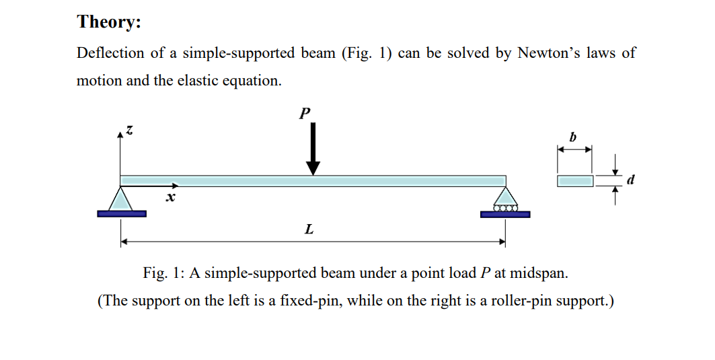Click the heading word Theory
pyautogui.click(x=109, y=22)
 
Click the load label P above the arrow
pyautogui.click(x=305, y=113)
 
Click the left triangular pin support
pyautogui.click(x=121, y=199)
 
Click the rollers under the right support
pyautogui.click(x=505, y=209)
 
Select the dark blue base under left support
pyautogui.click(x=121, y=214)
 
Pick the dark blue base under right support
pyautogui.click(x=505, y=215)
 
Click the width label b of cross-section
pyautogui.click(x=573, y=137)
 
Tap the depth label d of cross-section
pyautogui.click(x=630, y=180)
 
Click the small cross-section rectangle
pyautogui.click(x=575, y=180)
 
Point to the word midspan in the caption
pyautogui.click(x=537, y=273)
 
